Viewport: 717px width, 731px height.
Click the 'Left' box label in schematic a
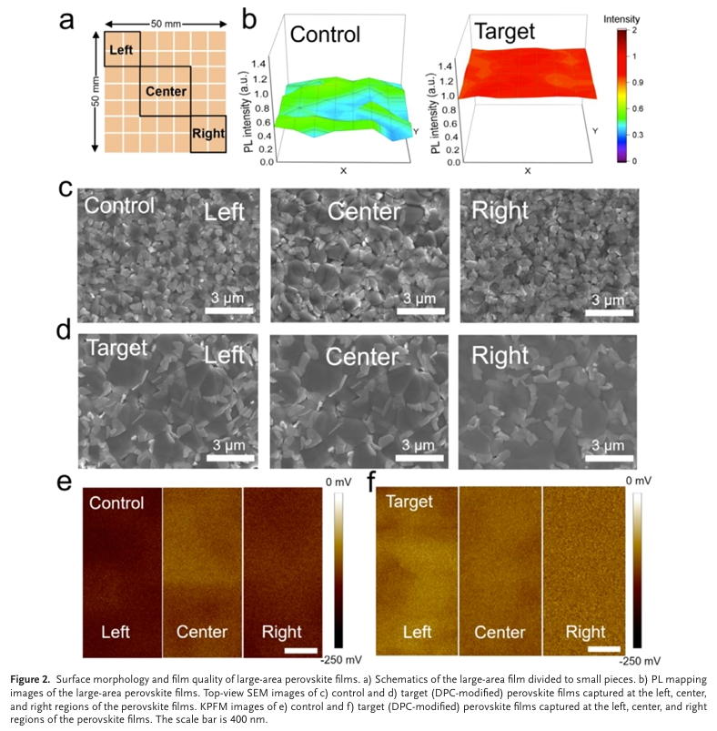coord(121,48)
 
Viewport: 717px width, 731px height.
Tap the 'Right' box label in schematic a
coord(208,134)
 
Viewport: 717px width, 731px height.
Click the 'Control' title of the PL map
coord(325,35)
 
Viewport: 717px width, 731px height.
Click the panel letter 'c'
coord(66,188)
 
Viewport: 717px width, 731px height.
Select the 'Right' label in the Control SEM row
coord(500,211)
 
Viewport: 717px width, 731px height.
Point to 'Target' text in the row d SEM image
coord(116,348)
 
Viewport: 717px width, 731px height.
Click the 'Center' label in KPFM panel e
coord(202,632)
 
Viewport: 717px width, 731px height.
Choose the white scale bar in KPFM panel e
coord(298,651)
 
